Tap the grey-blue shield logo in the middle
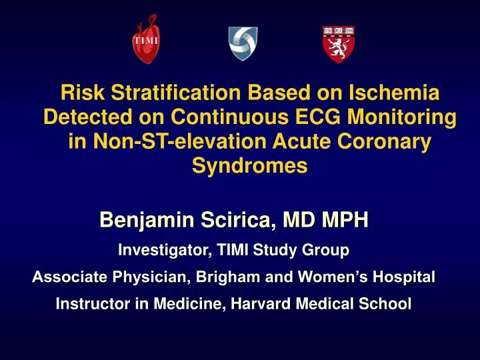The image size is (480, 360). pyautogui.click(x=243, y=43)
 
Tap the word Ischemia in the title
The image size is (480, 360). pyautogui.click(x=383, y=95)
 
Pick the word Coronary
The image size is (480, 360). pyautogui.click(x=377, y=143)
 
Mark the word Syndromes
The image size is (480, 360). pyautogui.click(x=249, y=167)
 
